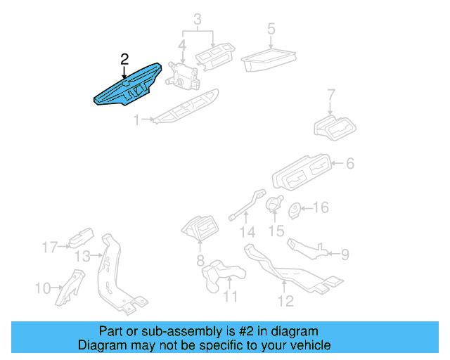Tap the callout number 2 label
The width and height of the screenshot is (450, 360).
[x=124, y=59]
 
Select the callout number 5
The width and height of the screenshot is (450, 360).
[x=271, y=30]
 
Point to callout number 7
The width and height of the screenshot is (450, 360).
[x=332, y=94]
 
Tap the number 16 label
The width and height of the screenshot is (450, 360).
[x=320, y=207]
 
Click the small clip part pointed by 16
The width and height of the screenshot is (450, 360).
[x=295, y=208]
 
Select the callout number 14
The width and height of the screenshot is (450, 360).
[x=245, y=232]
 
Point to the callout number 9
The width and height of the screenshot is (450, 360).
[x=344, y=252]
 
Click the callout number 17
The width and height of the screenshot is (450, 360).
[x=49, y=247]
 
